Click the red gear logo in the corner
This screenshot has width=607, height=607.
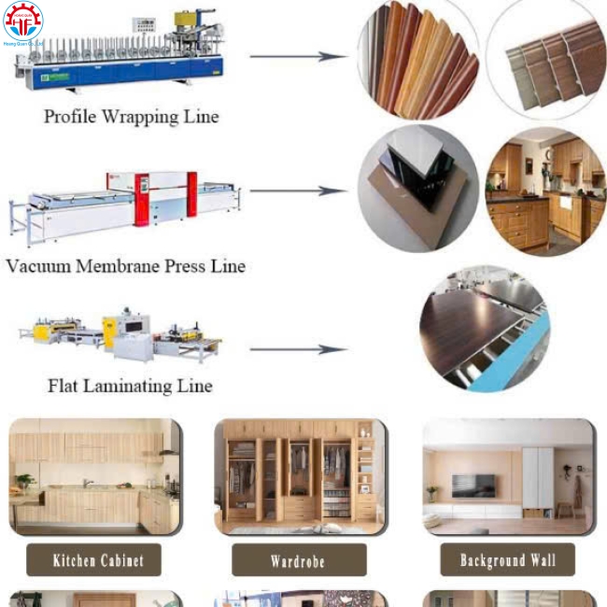click(x=23, y=21)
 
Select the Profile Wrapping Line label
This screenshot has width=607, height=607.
click(x=131, y=117)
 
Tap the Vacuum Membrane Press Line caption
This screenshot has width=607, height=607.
click(x=125, y=266)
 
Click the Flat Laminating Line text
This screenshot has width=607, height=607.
click(x=130, y=385)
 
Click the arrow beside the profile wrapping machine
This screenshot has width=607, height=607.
click(x=298, y=56)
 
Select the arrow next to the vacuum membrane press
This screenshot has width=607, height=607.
click(x=298, y=191)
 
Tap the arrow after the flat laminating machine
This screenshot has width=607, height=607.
click(x=298, y=350)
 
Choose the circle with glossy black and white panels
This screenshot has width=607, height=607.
click(x=417, y=188)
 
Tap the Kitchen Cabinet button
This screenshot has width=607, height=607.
click(x=93, y=560)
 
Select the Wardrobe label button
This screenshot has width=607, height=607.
click(x=298, y=561)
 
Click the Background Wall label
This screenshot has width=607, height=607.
click(x=507, y=559)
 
